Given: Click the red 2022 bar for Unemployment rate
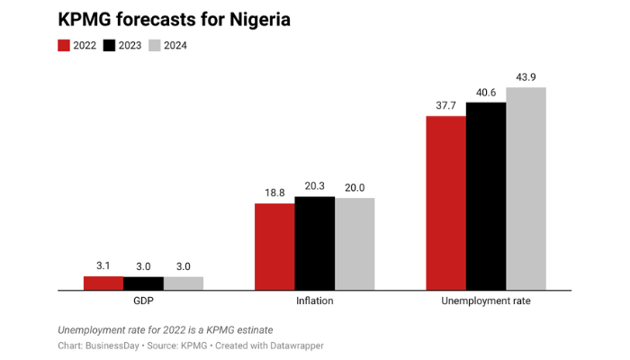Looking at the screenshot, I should [x=445, y=202].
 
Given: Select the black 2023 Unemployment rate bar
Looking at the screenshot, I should [x=486, y=196].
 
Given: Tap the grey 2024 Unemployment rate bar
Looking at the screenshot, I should [x=526, y=189].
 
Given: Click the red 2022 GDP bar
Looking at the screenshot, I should [x=103, y=283].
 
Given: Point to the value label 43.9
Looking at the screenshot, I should [x=526, y=77].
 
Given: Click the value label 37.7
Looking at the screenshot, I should [x=445, y=106].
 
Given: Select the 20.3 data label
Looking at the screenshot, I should [x=314, y=187].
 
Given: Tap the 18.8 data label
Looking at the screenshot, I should [x=274, y=193].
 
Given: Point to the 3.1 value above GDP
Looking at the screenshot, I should [x=103, y=266].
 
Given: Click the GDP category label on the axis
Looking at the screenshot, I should [x=143, y=301].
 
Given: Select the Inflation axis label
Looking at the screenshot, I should [x=314, y=301].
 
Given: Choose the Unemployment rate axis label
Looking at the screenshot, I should [x=486, y=301].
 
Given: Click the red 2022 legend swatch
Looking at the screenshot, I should [x=64, y=45].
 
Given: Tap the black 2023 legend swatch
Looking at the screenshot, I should [x=111, y=45].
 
